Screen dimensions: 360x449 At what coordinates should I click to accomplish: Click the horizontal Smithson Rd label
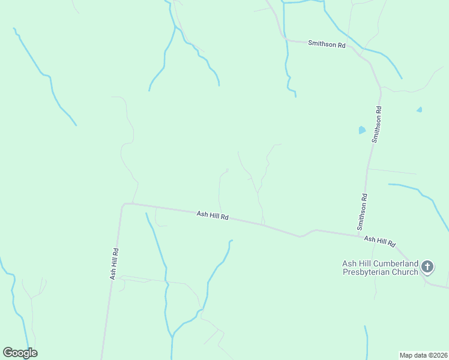click(327, 44)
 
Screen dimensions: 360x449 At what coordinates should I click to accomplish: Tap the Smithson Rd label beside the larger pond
click(378, 124)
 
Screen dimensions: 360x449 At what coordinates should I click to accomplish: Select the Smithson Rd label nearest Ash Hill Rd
click(363, 212)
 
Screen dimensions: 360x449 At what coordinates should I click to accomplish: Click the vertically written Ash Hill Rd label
click(113, 264)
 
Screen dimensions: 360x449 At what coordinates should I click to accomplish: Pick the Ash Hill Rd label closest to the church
click(379, 241)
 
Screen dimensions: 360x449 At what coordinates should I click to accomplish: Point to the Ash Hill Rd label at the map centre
click(212, 215)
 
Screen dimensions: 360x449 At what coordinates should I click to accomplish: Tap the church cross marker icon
click(427, 266)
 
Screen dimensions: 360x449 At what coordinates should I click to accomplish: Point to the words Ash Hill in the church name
click(357, 263)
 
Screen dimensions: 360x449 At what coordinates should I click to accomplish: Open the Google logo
click(20, 353)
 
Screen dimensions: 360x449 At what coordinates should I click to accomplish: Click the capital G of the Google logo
click(8, 353)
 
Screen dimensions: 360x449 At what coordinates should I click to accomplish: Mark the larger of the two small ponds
click(361, 130)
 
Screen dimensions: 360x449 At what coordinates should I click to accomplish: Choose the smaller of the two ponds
click(419, 109)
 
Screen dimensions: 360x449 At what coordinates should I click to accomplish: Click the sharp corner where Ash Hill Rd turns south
click(123, 205)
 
